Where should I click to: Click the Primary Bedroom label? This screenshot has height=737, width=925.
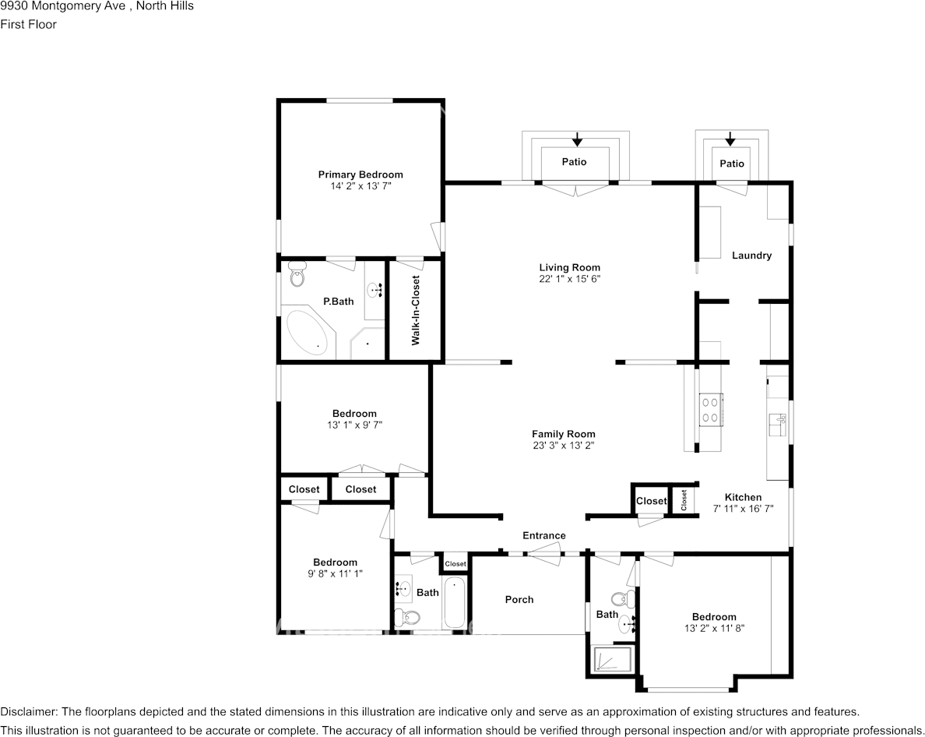pos(360,175)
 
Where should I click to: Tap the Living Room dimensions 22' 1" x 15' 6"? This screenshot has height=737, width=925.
pos(570,279)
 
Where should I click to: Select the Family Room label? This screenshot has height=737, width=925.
pos(563,434)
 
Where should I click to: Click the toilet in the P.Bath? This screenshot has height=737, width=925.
pos(297,274)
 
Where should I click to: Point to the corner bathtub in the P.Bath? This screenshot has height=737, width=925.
pos(308,333)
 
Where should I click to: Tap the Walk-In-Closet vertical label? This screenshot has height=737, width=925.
pos(416,310)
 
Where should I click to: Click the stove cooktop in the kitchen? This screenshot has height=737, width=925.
pos(710,410)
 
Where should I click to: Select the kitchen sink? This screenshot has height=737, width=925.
pos(778,425)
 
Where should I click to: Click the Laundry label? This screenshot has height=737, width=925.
pos(751,256)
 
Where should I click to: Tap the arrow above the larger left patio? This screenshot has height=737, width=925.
pos(576,140)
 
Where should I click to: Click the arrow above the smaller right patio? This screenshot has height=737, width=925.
pos(730,139)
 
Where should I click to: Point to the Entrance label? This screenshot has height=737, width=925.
pos(543,535)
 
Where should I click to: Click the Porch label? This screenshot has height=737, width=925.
pos(519,599)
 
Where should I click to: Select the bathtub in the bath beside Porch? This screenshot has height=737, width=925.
pos(454,603)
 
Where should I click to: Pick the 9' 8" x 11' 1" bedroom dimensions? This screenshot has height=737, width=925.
pos(335,573)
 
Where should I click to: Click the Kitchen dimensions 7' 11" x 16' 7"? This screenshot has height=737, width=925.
pos(743,509)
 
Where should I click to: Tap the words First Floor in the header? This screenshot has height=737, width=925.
pos(29,24)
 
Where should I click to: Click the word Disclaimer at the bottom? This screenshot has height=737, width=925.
pos(29,712)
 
